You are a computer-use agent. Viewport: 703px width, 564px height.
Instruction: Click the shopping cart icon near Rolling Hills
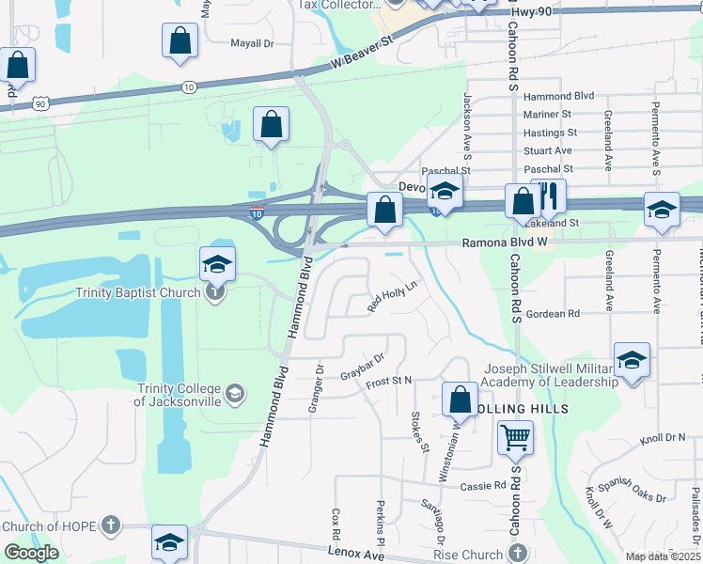pyautogui.click(x=515, y=437)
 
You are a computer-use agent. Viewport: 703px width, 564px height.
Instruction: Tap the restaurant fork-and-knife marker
pyautogui.click(x=548, y=196)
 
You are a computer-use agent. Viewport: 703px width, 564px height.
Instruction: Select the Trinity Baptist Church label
pyautogui.click(x=139, y=292)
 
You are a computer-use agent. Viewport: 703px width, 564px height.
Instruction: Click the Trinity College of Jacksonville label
pyautogui.click(x=179, y=396)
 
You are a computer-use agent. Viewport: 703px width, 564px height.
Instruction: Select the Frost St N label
pyautogui.click(x=389, y=381)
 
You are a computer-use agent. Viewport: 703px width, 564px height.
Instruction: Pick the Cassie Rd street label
pyautogui.click(x=483, y=486)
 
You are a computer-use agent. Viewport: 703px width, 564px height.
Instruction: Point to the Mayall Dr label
pyautogui.click(x=252, y=43)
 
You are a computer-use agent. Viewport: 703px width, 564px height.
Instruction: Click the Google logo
pyautogui.click(x=31, y=553)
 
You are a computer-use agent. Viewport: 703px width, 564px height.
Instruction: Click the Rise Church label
pyautogui.click(x=467, y=555)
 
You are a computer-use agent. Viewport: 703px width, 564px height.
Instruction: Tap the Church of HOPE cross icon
pyautogui.click(x=111, y=525)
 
